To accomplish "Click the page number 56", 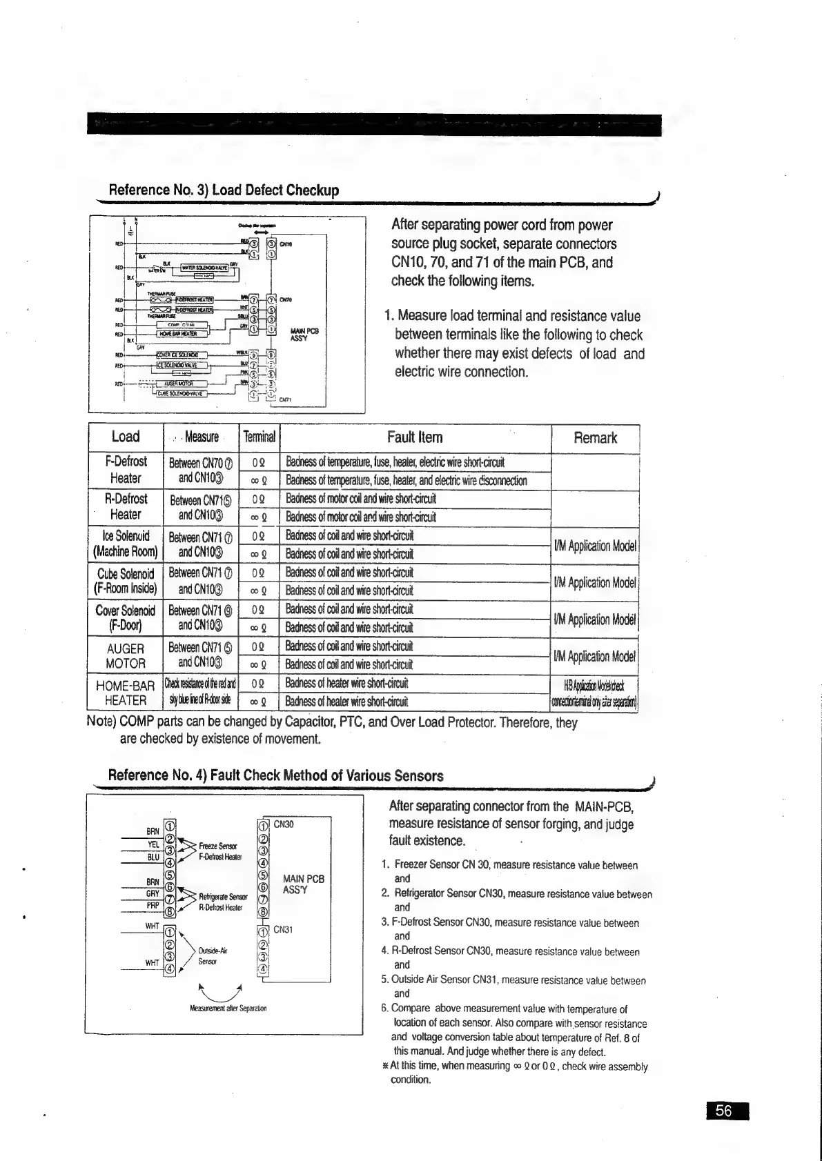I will tap(723, 1111).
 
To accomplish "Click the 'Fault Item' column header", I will tap(415, 437).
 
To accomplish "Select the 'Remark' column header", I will tap(595, 437).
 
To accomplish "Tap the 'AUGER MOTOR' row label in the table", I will tap(126, 656).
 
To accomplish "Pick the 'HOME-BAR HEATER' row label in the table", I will tap(125, 693).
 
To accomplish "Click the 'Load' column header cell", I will tap(126, 437).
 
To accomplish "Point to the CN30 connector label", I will tap(284, 824).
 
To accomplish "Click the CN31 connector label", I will tap(284, 929).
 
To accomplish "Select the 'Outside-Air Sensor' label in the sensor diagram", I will tap(208, 955).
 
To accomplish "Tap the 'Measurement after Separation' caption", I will tap(227, 1008).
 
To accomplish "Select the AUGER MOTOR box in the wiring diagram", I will tap(178, 384).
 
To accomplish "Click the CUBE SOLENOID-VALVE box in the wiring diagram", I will tap(181, 394).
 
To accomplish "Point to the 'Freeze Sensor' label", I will tap(217, 846).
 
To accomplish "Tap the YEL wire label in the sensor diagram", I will tap(153, 844).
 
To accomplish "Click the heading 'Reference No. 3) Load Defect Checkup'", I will tap(224, 190).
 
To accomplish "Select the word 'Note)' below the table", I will tap(102, 722).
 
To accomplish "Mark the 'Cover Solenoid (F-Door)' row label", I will tap(126, 618).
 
